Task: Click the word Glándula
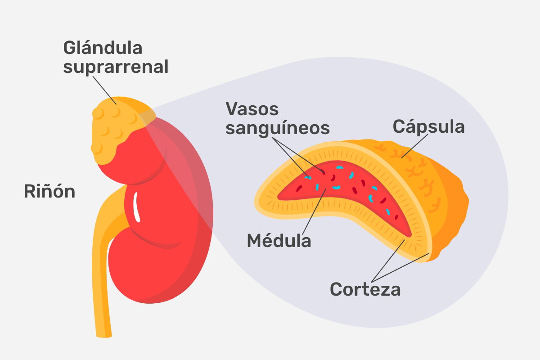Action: click(x=103, y=48)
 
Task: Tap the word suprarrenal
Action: click(x=116, y=67)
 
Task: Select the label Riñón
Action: click(x=49, y=191)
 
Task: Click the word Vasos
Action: click(x=252, y=109)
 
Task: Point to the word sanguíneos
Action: click(x=278, y=128)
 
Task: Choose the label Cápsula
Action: click(x=428, y=126)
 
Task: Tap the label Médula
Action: click(x=279, y=240)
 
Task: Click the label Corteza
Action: click(x=365, y=289)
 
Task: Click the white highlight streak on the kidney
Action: click(x=136, y=207)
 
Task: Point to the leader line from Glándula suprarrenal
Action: click(x=104, y=90)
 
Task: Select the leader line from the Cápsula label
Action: click(x=414, y=146)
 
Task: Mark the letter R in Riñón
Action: click(x=29, y=191)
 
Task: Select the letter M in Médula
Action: click(x=255, y=240)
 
